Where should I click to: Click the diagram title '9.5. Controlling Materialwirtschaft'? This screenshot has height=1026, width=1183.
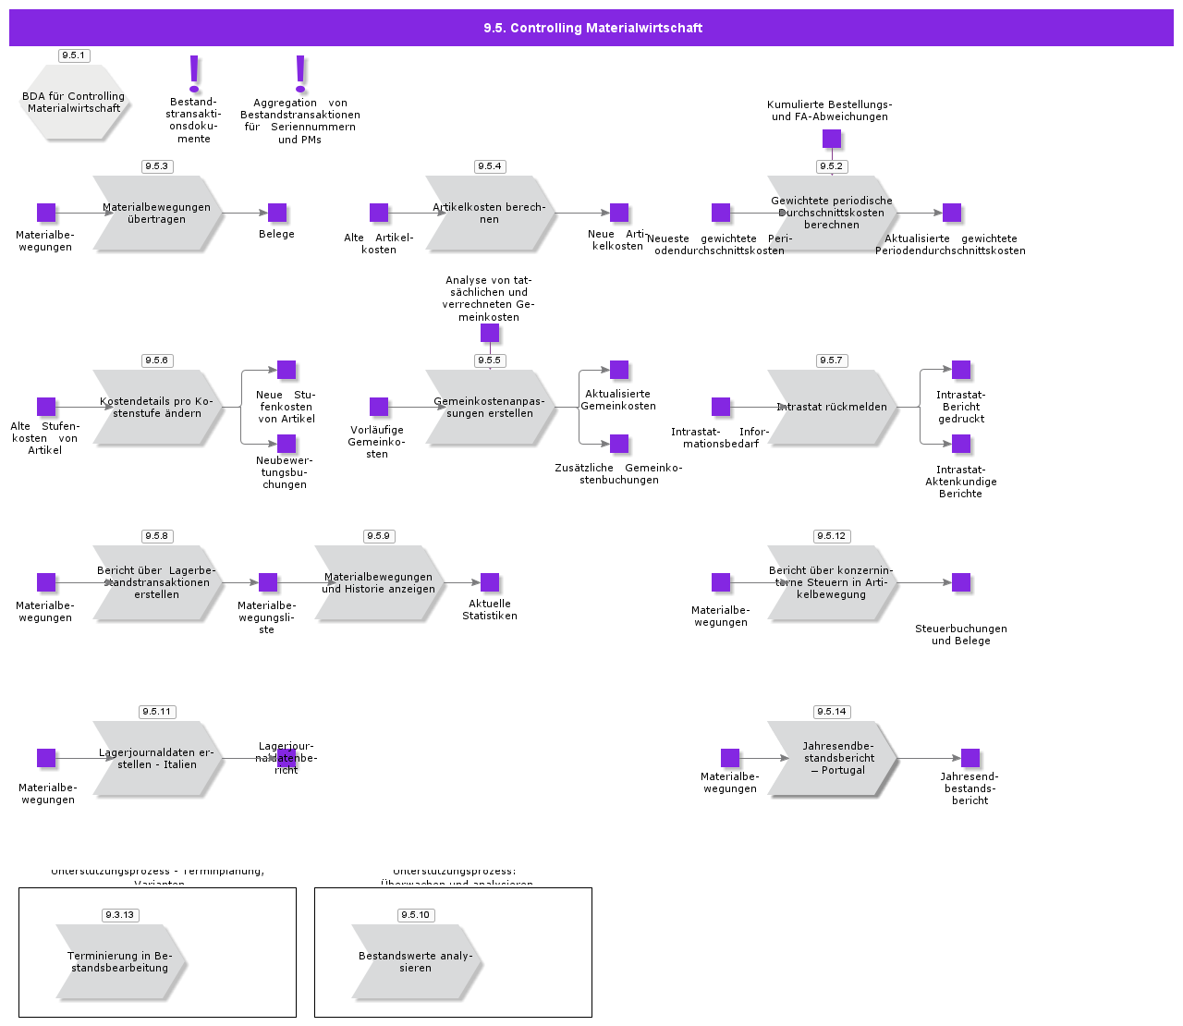[592, 28]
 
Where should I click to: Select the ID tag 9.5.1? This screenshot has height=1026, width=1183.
[73, 55]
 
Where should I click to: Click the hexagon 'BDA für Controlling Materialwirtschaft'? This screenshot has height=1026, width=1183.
[74, 103]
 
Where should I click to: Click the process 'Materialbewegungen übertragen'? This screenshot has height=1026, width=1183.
[156, 214]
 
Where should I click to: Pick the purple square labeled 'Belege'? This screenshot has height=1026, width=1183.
[277, 213]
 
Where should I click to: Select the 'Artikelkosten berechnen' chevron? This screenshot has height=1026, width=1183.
[489, 214]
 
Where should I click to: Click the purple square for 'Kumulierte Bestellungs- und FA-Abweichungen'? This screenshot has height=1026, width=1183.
[832, 139]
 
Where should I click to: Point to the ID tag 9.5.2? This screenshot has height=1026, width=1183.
[832, 166]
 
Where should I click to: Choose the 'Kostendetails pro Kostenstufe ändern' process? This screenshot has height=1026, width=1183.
[156, 408]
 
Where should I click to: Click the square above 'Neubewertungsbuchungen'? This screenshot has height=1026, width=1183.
[287, 444]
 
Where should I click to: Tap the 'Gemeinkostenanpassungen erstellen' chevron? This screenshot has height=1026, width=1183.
[489, 408]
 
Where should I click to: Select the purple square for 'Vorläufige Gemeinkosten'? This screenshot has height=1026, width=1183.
[379, 407]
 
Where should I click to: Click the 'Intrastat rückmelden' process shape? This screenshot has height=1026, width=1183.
[831, 408]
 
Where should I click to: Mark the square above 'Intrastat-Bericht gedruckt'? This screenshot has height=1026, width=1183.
[961, 370]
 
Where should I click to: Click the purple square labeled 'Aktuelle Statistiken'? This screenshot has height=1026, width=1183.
[490, 582]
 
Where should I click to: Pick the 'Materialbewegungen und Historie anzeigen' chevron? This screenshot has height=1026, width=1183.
[378, 583]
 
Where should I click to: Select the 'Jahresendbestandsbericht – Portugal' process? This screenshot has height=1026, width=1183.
[831, 759]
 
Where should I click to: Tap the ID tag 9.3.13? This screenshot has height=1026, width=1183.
[119, 915]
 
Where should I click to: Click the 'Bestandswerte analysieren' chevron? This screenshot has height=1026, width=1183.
[415, 962]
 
